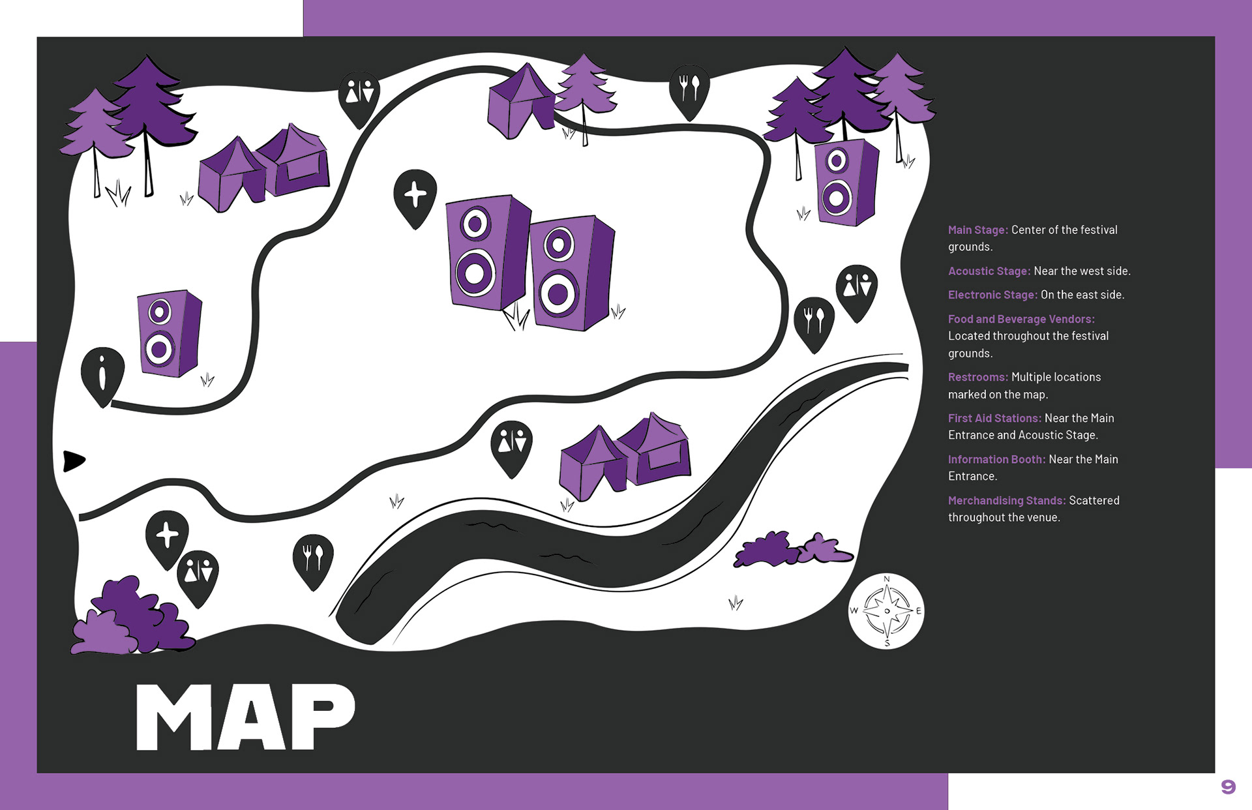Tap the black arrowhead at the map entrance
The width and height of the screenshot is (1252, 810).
coord(73,460)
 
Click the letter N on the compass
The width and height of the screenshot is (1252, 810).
coord(886,579)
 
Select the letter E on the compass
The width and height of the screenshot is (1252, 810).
coord(918,611)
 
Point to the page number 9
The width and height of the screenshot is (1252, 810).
coord(1228,787)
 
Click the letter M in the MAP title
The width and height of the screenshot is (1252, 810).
coord(173,717)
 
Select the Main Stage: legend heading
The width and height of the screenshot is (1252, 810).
coord(977,230)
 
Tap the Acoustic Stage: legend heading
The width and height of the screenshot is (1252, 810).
coord(989,271)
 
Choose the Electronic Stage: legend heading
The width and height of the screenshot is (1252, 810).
coord(992,295)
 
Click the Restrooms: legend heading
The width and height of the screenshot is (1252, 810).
coord(977,377)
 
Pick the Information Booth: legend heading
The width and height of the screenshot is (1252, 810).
coord(996,459)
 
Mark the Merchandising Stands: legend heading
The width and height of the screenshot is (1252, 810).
coord(1006,500)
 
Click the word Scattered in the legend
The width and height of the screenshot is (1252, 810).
coord(1094,500)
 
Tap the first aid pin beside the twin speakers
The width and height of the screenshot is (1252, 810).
coord(415,196)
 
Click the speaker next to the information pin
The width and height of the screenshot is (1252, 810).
coord(169,333)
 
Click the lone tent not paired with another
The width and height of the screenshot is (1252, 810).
coord(522,101)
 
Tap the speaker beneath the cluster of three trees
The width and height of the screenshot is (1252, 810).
coord(846,183)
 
